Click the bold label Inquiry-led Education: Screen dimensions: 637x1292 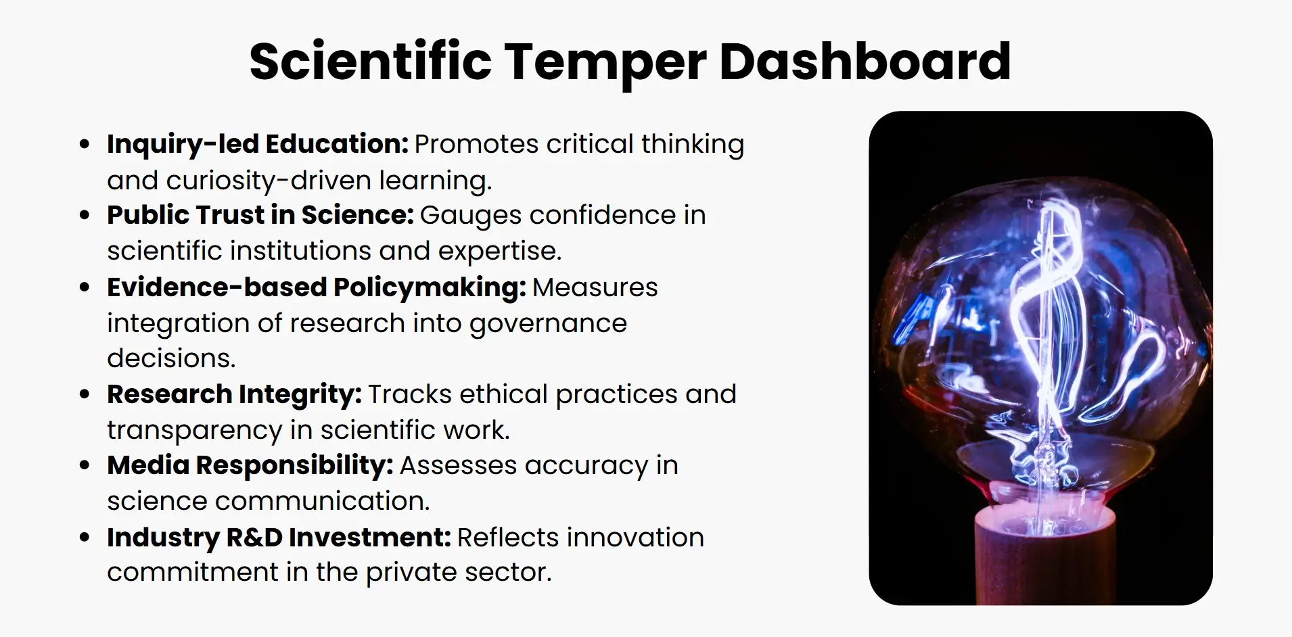coord(257,144)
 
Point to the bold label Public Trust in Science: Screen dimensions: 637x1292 coord(260,215)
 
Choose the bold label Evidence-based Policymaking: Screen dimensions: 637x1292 coord(316,287)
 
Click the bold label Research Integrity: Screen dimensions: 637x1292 coord(234,394)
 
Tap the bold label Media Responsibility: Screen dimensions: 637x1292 coord(250,465)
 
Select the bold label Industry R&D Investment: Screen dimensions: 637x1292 coord(279,538)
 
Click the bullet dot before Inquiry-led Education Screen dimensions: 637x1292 coord(85,144)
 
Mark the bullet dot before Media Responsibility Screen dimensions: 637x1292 coord(85,465)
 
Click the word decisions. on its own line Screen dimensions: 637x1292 coord(171,358)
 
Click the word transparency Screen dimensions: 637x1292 coord(194,430)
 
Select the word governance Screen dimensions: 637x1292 coord(548,323)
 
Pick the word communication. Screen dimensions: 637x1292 coord(322,501)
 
